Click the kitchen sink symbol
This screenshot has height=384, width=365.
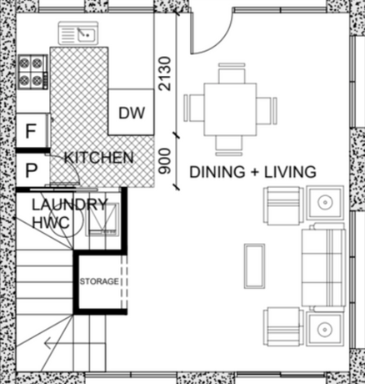point(78,33)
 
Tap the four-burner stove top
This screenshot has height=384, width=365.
point(33,72)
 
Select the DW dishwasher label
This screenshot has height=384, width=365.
point(132,113)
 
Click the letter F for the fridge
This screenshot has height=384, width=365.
point(31,131)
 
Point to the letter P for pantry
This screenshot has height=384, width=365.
point(31,170)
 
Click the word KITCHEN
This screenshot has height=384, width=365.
point(99,158)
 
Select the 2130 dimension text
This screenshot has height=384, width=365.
point(164,73)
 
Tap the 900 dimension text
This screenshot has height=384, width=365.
point(164,161)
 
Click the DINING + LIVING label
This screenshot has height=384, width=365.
point(252,172)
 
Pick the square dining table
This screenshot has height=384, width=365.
point(230,109)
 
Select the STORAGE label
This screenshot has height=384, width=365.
point(99,281)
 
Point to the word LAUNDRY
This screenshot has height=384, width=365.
point(69,205)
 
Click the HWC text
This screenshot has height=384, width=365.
point(51,222)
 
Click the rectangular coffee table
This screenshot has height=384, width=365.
point(254,266)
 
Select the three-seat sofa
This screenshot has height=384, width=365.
point(323,267)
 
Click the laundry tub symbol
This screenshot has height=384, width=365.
point(102,220)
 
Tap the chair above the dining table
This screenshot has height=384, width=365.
point(232,73)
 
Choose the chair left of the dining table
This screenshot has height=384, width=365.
point(194,108)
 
